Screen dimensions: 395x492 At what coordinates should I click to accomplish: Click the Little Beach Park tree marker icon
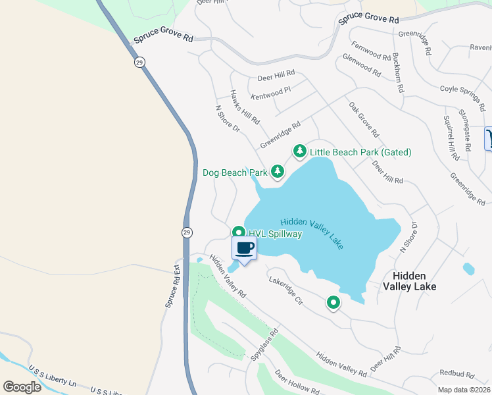[300, 151]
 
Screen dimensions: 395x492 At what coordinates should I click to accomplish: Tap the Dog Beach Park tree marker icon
[278, 172]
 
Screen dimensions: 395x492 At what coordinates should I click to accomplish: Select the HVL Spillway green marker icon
[238, 233]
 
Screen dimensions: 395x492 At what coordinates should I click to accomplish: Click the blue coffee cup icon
[245, 248]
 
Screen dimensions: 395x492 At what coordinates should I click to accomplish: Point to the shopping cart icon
[489, 138]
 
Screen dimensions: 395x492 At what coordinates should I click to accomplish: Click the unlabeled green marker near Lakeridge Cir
[333, 303]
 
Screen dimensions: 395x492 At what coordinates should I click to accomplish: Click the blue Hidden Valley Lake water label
[312, 233]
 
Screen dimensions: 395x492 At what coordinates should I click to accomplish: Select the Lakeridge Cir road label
[285, 290]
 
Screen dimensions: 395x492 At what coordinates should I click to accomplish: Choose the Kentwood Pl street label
[270, 92]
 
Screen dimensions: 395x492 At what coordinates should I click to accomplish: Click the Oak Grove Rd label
[364, 119]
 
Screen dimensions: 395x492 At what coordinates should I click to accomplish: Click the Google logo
[22, 387]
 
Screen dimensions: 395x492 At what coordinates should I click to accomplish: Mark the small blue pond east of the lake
[468, 269]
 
